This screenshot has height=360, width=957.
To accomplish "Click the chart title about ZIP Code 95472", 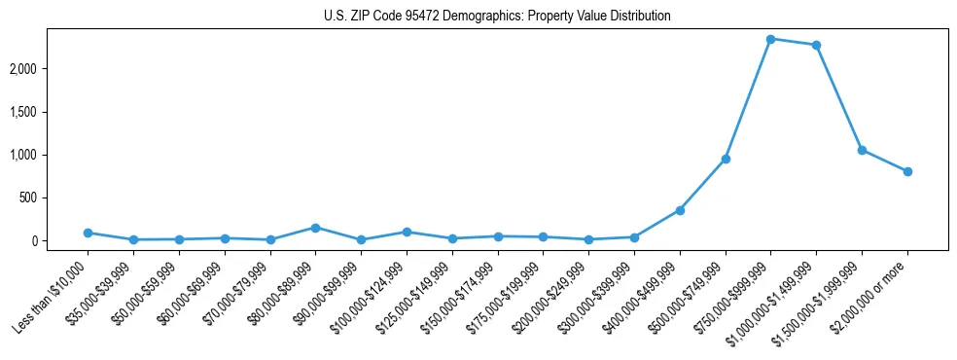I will [x=497, y=17].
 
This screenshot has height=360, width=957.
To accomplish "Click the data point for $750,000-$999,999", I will [x=770, y=39].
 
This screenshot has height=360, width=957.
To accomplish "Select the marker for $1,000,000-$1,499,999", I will [x=816, y=45].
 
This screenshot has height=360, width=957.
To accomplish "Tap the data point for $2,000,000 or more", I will [x=907, y=171].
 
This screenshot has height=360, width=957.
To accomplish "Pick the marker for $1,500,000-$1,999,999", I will [x=862, y=150].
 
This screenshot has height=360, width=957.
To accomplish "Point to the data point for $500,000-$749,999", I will [x=725, y=159].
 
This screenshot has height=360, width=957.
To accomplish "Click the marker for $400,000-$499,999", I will [x=680, y=210].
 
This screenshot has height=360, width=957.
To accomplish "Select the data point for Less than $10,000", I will [x=88, y=233].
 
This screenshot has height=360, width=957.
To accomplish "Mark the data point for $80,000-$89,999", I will [x=315, y=228].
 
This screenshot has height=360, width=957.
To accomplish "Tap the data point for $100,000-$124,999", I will [x=407, y=232].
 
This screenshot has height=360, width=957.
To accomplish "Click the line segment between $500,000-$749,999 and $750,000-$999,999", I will [x=748, y=98].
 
